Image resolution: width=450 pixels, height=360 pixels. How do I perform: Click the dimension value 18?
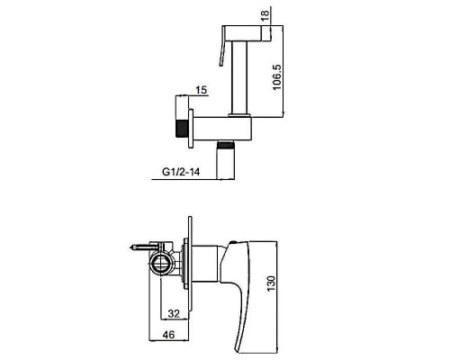265,15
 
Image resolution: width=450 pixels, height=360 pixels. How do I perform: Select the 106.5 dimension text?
276,76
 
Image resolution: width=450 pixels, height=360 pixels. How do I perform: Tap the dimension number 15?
202,90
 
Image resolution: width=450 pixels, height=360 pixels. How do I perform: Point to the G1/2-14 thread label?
181,172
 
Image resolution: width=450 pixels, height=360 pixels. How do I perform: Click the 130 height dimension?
271,284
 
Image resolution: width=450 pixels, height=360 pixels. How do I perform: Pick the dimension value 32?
174,313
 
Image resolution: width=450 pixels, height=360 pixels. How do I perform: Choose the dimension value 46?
168,334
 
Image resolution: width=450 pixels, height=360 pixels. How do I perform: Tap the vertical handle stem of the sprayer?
240,77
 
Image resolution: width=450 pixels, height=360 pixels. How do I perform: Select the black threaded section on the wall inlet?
181,129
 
